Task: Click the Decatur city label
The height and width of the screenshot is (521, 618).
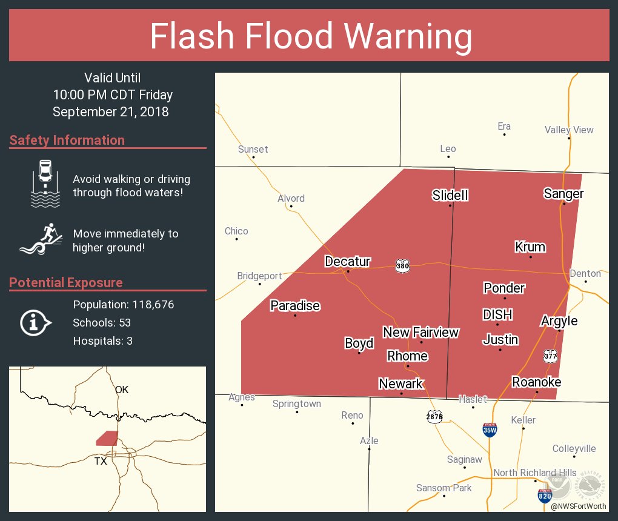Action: click(347, 262)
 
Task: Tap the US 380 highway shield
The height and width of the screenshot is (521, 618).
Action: click(402, 266)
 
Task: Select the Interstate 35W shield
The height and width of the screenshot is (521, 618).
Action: click(490, 430)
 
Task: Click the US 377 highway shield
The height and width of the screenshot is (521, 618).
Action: click(550, 356)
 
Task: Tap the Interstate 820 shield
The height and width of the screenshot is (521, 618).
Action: click(544, 496)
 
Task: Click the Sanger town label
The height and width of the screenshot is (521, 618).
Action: click(563, 194)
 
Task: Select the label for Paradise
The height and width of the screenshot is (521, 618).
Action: click(295, 305)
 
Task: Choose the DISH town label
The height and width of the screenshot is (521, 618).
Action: click(497, 314)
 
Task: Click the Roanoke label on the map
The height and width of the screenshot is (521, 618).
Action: click(536, 382)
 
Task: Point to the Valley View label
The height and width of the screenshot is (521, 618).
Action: click(569, 130)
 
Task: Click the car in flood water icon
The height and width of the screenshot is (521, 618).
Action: click(45, 183)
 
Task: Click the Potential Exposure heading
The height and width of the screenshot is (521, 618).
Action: click(66, 282)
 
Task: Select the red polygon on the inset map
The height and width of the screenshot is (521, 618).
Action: click(107, 438)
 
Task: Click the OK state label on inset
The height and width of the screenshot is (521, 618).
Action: click(122, 390)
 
